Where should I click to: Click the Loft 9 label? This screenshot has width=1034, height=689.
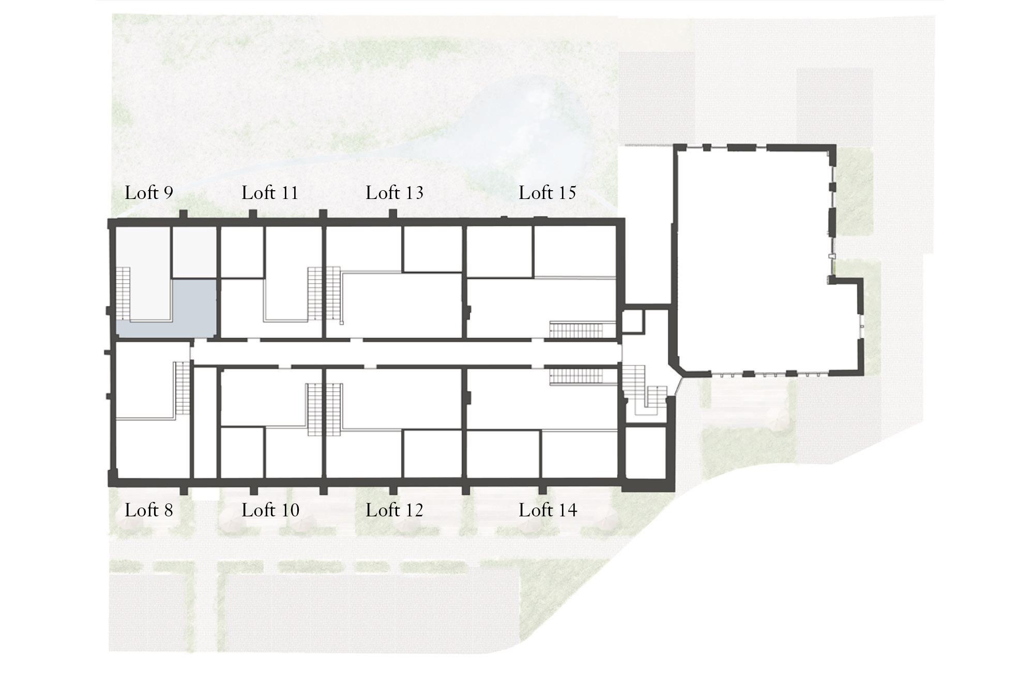click(x=149, y=193)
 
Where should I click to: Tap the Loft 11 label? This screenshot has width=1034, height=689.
click(x=270, y=193)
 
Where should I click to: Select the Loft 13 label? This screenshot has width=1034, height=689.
click(x=394, y=193)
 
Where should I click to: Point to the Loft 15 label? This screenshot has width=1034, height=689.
click(x=548, y=193)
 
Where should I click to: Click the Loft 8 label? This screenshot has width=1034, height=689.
click(x=149, y=510)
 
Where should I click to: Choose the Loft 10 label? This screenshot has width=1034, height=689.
click(x=270, y=510)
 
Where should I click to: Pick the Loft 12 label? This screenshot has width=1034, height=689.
click(x=394, y=510)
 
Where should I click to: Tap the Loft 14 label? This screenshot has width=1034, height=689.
click(x=548, y=510)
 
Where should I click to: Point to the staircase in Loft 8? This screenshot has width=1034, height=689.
click(x=183, y=388)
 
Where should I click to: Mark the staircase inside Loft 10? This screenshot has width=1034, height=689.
click(x=314, y=409)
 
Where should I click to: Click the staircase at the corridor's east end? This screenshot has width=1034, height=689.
click(x=643, y=389)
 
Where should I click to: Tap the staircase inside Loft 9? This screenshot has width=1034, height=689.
click(x=123, y=293)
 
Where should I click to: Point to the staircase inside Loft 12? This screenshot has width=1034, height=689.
click(x=333, y=409)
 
